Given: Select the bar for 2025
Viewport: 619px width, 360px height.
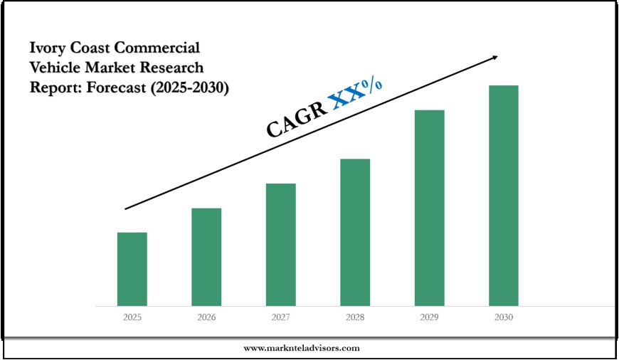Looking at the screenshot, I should click(132, 269).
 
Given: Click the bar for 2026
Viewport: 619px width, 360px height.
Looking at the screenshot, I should click(206, 257).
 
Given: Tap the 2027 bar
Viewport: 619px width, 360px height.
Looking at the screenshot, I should click(281, 245).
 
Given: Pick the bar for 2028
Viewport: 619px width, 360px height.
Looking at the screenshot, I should click(355, 232).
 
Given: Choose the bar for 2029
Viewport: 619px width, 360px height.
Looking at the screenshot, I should click(429, 208).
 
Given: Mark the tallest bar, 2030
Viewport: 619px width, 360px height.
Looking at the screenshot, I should click(503, 196).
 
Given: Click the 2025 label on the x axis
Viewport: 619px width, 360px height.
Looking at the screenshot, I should click(132, 318).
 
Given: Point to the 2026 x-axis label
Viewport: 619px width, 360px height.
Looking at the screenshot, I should click(206, 318).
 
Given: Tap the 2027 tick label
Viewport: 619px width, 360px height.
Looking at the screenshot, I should click(281, 318).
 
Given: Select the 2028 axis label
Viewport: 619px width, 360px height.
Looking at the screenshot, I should click(355, 318).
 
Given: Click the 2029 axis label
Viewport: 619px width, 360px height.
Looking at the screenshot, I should click(429, 318).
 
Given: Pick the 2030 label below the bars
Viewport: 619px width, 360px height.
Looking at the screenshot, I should click(503, 318).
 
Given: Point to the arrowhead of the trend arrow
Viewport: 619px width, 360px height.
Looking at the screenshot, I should click(494, 57).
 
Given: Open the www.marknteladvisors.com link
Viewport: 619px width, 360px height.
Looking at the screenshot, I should click(302, 348).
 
